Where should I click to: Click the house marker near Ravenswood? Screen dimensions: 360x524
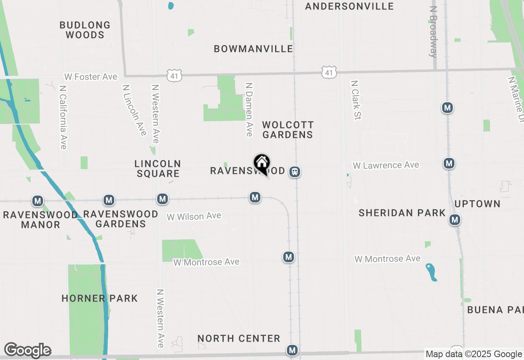262,164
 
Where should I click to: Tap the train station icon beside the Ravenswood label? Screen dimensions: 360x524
294,172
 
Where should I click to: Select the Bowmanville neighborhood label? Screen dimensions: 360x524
253,49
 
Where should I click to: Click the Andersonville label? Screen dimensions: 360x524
349,6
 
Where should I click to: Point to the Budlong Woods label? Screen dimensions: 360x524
85,30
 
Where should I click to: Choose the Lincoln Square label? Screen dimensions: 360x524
158,169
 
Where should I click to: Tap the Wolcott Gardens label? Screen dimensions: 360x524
288,130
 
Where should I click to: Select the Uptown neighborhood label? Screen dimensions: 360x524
477,204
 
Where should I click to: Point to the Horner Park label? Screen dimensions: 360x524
99,298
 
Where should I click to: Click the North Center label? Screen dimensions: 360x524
239,338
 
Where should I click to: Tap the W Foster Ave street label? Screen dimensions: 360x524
90,77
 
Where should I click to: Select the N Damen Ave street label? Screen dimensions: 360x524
248,109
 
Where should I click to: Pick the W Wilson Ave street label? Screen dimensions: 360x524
194,216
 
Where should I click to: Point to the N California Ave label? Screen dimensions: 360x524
63,117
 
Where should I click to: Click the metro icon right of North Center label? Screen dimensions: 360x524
292,350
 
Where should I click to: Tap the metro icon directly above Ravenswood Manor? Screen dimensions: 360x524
38,201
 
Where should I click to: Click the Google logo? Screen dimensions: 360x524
27,350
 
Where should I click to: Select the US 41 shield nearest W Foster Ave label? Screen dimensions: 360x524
174,75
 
